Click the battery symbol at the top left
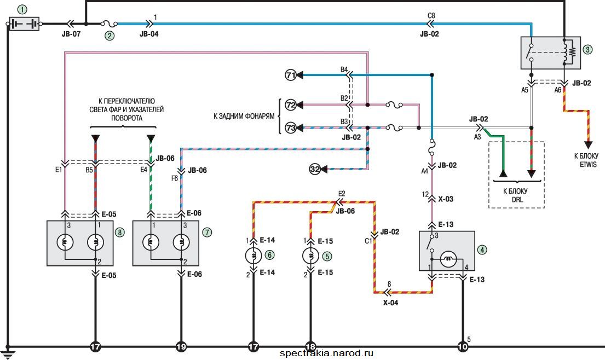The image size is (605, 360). coord(24,24)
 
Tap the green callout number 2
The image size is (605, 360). coord(110,36)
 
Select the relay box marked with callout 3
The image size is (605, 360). coord(551,53)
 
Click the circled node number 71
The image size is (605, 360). coord(291,75)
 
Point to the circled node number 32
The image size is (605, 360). coord(315,169)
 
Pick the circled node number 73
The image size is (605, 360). coord(291,127)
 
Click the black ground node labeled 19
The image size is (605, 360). coord(181,347)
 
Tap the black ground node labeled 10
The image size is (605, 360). coord(463,347)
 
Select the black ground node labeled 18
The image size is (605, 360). coord(310,347)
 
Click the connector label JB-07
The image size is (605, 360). coord(71,34)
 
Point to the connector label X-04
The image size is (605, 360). coord(390,303)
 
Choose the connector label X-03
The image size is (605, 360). coord(446,199)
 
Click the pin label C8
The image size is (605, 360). coord(431,16)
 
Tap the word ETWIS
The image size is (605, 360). coord(589,165)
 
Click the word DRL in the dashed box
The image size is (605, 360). coord(517,200)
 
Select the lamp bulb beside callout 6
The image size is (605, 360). coord(253,256)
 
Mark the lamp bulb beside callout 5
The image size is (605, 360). coord(310,256)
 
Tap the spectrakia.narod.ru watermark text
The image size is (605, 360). coord(326,353)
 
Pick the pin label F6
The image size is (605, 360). coord(175,178)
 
